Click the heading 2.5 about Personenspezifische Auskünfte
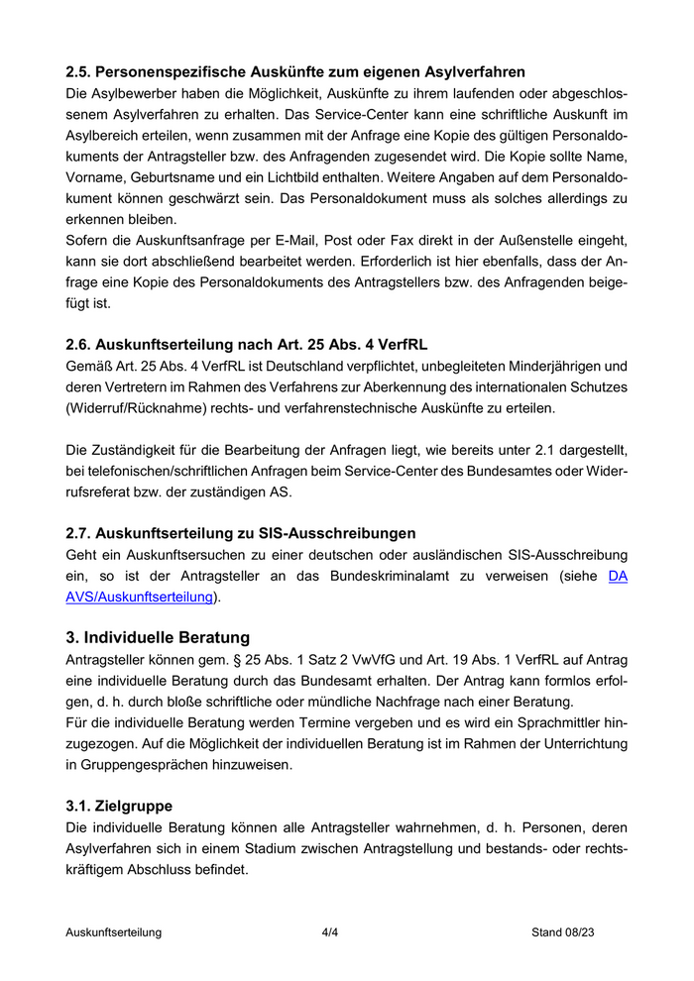point(294,71)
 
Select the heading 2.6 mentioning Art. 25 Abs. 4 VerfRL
point(246,345)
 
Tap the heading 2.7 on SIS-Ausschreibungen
point(240,533)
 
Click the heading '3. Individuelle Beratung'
point(158,636)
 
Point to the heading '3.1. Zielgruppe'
point(119,806)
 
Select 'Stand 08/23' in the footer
point(563,932)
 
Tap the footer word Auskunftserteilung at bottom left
point(113,932)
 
